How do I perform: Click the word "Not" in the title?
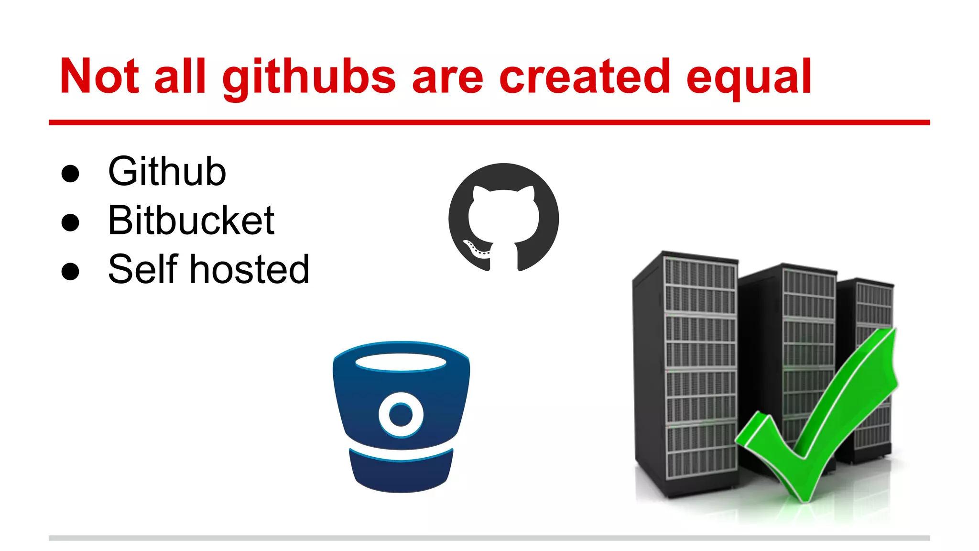tap(99, 77)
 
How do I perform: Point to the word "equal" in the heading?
tap(749, 77)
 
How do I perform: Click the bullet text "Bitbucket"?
tap(191, 220)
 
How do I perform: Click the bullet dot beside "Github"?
tap(70, 174)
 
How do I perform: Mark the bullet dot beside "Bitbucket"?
tap(70, 222)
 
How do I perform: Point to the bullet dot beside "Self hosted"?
tap(70, 271)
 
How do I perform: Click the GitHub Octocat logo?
tap(503, 218)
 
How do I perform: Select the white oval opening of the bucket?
tap(401, 363)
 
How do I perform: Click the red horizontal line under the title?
tap(489, 123)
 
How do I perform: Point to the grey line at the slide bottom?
tap(489, 538)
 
